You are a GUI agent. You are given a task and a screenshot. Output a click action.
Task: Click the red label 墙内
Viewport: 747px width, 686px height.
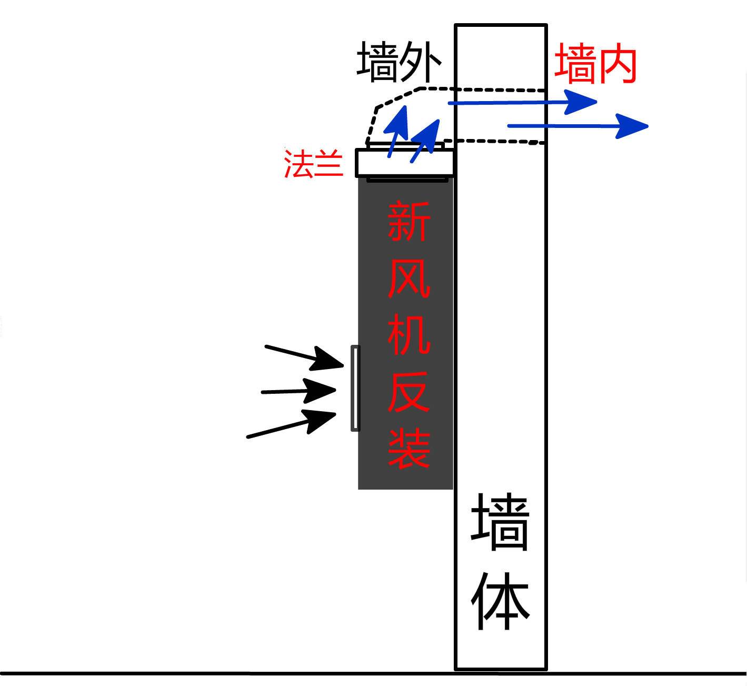pyautogui.click(x=595, y=64)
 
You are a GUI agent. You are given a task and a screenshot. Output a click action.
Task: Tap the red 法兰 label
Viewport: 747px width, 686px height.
pyautogui.click(x=313, y=164)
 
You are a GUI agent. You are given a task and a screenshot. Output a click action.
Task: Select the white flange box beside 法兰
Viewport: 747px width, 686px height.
pyautogui.click(x=404, y=163)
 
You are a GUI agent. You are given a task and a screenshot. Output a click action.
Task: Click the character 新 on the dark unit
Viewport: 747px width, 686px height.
pyautogui.click(x=409, y=221)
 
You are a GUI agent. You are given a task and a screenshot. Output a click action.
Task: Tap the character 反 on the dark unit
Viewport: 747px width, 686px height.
pyautogui.click(x=409, y=392)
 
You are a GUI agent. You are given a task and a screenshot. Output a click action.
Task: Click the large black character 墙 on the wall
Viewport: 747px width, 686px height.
pyautogui.click(x=500, y=522)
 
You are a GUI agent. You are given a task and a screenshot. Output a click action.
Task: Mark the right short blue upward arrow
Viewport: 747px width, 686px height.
pyautogui.click(x=425, y=140)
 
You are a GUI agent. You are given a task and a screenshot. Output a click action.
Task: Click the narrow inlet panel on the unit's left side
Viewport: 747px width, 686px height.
pyautogui.click(x=355, y=389)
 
